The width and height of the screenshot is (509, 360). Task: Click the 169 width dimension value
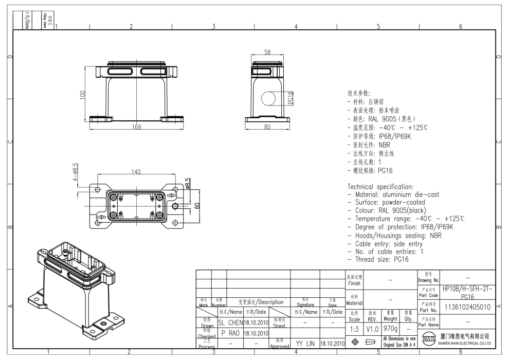135,127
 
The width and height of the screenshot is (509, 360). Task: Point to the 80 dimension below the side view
267,127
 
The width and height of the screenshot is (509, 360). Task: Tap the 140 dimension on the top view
136,172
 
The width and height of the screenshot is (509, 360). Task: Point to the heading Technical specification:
380,186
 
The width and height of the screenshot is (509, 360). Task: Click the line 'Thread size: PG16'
381,260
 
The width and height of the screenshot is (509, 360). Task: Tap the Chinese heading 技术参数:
358,94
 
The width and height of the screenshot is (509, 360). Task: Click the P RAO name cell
229,333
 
